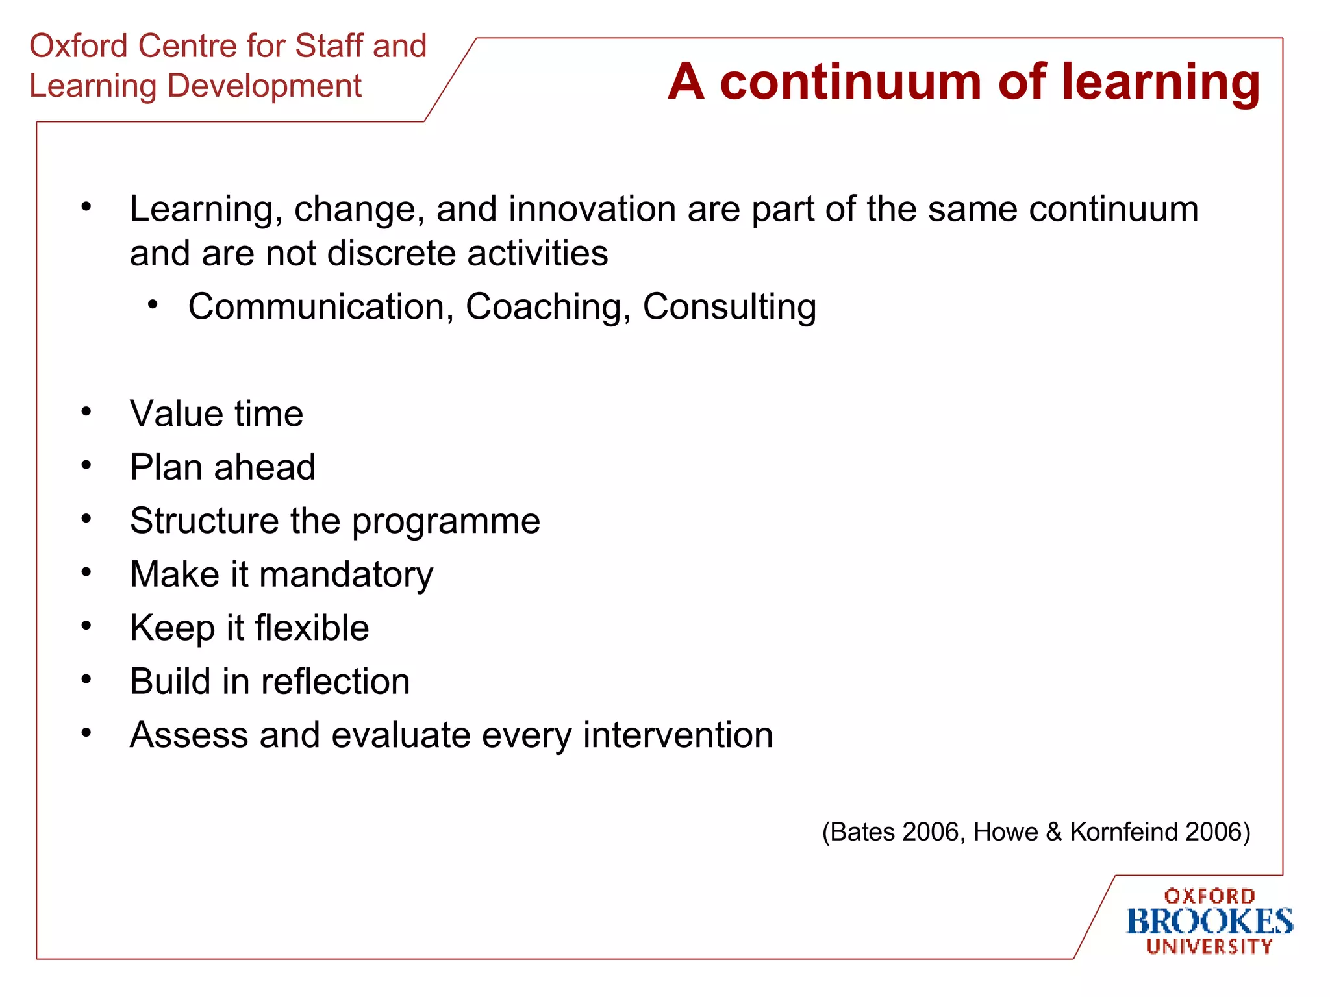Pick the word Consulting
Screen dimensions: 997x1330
point(729,307)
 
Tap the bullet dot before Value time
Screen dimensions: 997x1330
point(86,412)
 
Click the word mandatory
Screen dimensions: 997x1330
point(345,575)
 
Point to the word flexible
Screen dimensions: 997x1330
point(312,628)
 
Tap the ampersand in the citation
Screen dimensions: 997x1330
point(1053,832)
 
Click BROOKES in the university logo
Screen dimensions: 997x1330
point(1209,922)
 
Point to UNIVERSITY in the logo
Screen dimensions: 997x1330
point(1209,947)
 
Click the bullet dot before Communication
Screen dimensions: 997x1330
point(153,304)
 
